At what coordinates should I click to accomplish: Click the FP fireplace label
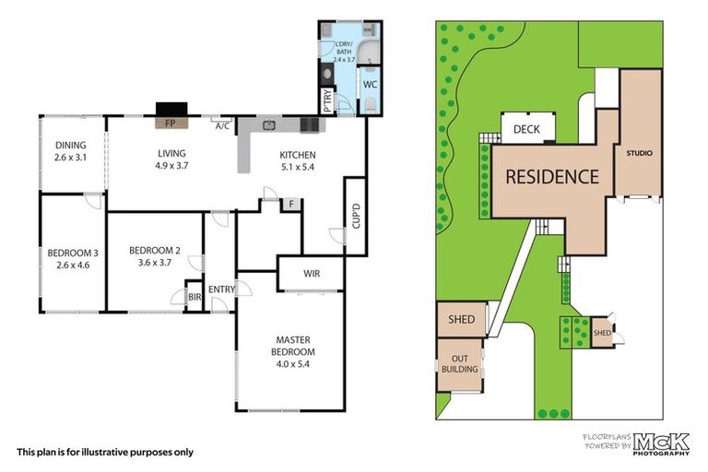[x=171, y=123]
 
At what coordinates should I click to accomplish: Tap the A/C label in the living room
[x=222, y=126]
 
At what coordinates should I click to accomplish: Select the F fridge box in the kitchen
[x=291, y=204]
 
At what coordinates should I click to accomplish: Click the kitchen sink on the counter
[x=269, y=124]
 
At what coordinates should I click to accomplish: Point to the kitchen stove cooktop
[x=310, y=124]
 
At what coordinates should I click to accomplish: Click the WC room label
[x=370, y=85]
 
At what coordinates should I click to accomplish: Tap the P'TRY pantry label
[x=328, y=100]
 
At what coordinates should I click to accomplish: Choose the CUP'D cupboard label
[x=356, y=216]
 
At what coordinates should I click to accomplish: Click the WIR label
[x=312, y=273]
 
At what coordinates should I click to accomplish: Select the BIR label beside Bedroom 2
[x=195, y=297]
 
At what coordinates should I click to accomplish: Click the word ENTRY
[x=221, y=289]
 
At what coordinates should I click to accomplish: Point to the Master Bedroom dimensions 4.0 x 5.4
[x=293, y=363]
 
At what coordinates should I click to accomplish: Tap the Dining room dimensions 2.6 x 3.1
[x=70, y=158]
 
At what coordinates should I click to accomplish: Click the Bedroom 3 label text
[x=73, y=253]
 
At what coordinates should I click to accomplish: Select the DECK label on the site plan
[x=526, y=130]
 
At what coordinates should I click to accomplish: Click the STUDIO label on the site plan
[x=640, y=153]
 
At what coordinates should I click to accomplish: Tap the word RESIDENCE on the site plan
[x=552, y=177]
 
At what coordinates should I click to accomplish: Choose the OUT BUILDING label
[x=460, y=364]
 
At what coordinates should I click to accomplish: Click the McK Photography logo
[x=661, y=444]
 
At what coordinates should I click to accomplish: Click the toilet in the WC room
[x=371, y=104]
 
